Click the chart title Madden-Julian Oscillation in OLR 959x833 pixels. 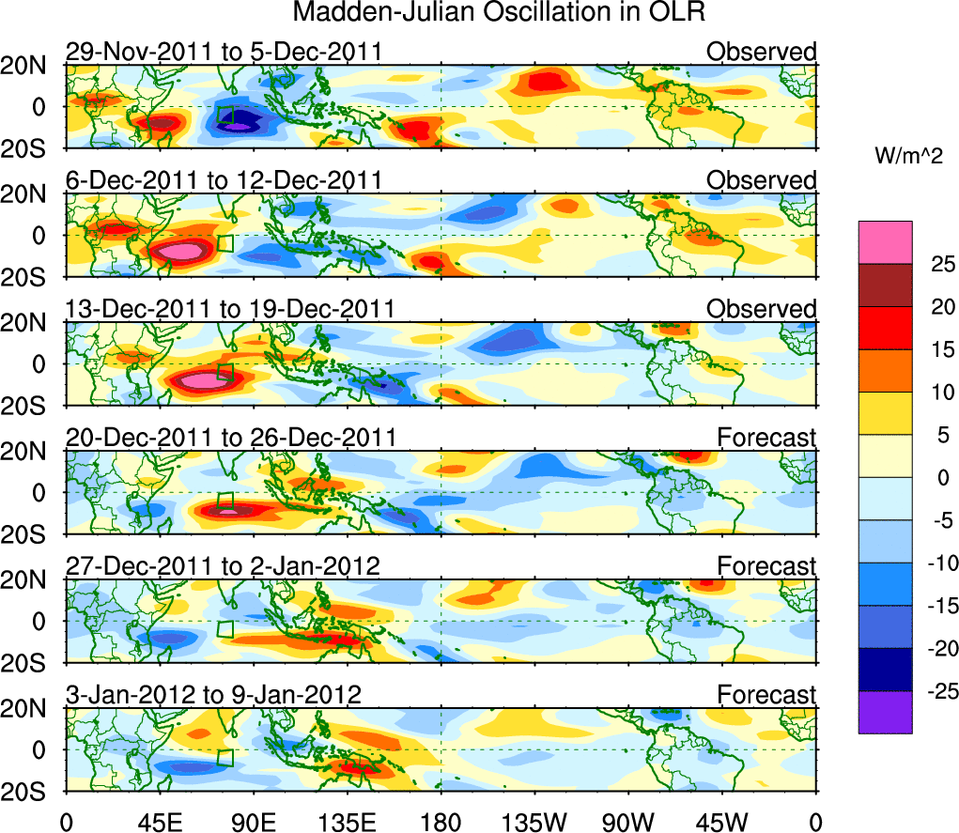coord(499,13)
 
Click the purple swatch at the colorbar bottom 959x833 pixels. coord(885,712)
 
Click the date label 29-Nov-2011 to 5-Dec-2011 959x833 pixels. coord(224,52)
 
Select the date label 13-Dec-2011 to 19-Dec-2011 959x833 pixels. coord(230,309)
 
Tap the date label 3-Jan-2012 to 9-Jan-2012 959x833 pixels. coord(213,695)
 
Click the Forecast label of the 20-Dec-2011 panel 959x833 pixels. coord(767,438)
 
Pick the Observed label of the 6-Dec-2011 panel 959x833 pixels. coord(762,180)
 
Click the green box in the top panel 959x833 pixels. coord(225,115)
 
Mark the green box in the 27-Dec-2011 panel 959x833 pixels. coord(225,629)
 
